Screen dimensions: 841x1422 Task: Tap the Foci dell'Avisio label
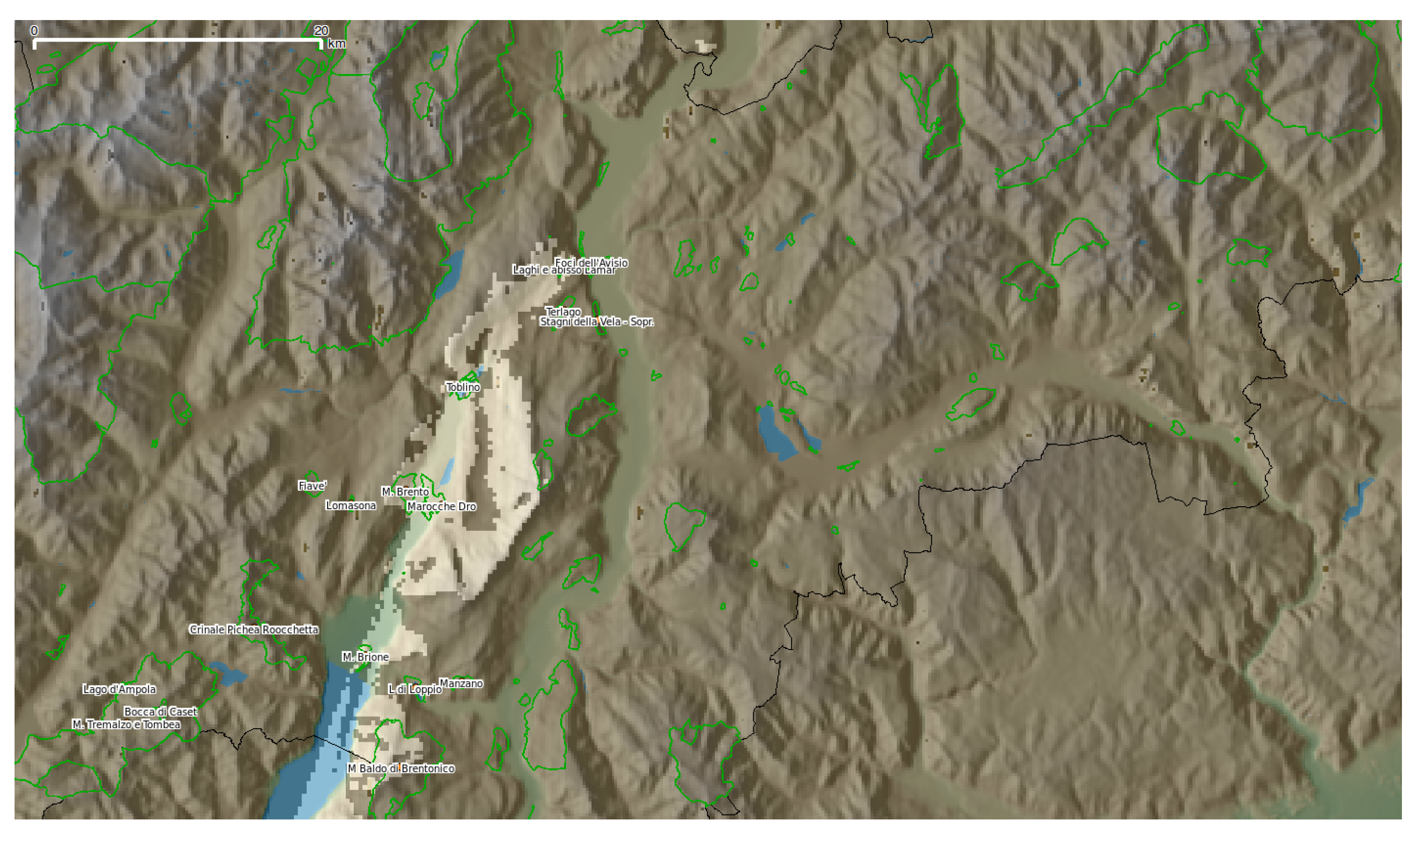coord(592,263)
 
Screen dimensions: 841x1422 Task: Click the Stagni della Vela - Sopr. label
coord(597,322)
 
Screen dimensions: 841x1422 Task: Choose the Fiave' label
coord(313,486)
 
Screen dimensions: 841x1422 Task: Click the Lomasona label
coord(351,506)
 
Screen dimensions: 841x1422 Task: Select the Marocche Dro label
coord(442,507)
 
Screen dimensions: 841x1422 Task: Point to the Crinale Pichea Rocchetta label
coord(254,630)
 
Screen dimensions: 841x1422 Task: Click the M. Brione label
coord(366,658)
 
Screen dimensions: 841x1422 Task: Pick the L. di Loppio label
coord(415,690)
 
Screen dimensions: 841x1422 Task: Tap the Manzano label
coord(461,684)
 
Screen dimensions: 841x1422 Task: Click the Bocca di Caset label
coord(161,712)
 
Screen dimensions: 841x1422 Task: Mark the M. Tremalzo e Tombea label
coord(126,725)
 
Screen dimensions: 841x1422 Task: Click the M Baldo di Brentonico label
coord(401,769)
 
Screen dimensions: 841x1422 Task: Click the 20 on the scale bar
coord(322,31)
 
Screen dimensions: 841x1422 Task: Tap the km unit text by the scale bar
coord(337,44)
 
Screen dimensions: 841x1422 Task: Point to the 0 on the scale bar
coord(34,31)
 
